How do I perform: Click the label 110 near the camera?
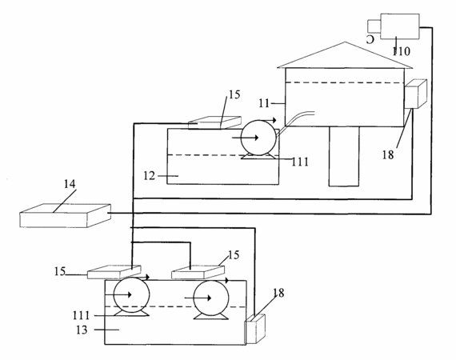(x=402, y=51)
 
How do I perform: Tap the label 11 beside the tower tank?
(x=264, y=103)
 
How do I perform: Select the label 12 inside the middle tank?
(x=149, y=176)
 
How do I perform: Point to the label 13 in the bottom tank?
(x=82, y=330)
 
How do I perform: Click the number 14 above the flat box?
(x=70, y=184)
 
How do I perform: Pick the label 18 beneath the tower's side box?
(x=388, y=155)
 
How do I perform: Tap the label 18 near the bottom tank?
(x=278, y=293)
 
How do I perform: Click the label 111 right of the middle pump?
(x=300, y=162)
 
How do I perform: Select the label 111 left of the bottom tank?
(x=81, y=315)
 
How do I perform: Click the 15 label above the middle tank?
(x=234, y=94)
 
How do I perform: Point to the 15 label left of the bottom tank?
(x=60, y=271)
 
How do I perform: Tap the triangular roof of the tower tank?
(x=345, y=55)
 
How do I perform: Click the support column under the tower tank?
(x=344, y=156)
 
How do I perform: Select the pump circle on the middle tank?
(x=258, y=138)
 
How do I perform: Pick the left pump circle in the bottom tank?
(x=131, y=295)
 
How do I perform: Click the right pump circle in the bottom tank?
(x=211, y=298)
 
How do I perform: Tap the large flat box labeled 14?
(x=65, y=215)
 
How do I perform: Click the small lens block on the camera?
(x=374, y=26)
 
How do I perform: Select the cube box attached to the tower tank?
(x=416, y=94)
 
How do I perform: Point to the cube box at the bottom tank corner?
(x=255, y=329)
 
